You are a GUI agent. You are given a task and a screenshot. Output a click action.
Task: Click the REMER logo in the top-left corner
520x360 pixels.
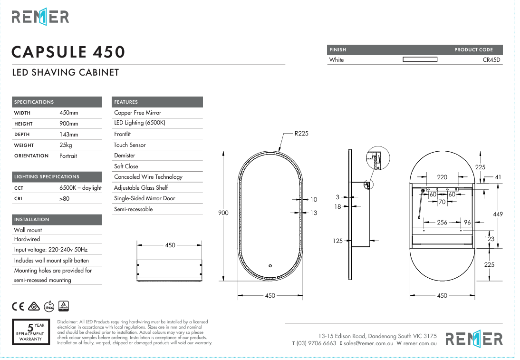40,17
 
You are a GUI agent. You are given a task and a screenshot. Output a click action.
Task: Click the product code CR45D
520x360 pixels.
491,60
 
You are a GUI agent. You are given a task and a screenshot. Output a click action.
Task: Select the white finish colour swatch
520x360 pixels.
420,60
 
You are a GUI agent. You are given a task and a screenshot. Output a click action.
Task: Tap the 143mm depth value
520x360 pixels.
68,135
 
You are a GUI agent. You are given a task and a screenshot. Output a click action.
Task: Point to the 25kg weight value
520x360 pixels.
65,145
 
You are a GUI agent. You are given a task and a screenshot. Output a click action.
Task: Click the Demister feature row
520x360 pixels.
125,156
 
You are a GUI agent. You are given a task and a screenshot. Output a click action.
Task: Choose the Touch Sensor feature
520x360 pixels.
130,145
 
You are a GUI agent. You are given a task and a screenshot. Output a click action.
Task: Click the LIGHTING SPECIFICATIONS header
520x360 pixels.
47,177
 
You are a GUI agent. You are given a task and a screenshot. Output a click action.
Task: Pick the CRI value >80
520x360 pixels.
64,198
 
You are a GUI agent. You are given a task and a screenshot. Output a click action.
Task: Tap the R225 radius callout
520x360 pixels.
301,133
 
